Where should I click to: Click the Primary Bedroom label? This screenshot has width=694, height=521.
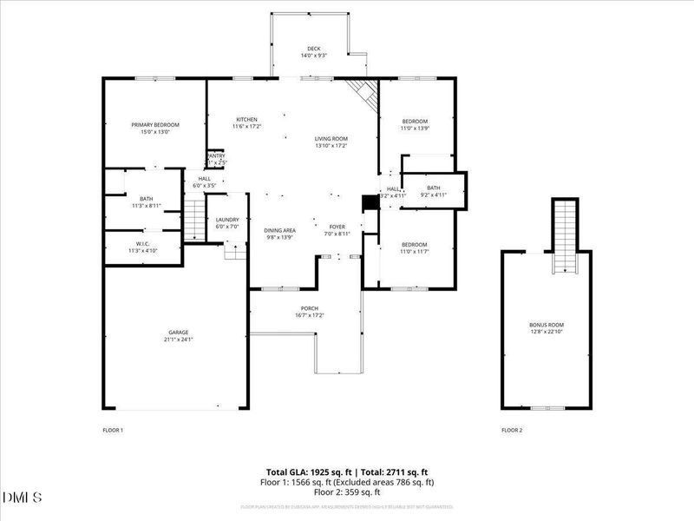pyautogui.click(x=149, y=125)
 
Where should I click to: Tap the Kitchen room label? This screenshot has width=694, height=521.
pyautogui.click(x=247, y=120)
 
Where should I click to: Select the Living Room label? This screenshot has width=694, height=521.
pyautogui.click(x=331, y=139)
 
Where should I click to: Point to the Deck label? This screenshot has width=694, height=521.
pyautogui.click(x=314, y=49)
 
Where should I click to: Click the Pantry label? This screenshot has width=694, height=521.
pyautogui.click(x=215, y=156)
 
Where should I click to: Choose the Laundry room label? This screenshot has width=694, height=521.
pyautogui.click(x=228, y=220)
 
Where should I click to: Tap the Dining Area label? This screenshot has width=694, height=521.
pyautogui.click(x=280, y=230)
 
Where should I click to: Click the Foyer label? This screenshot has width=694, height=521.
pyautogui.click(x=337, y=225)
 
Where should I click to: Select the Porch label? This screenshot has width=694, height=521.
pyautogui.click(x=310, y=309)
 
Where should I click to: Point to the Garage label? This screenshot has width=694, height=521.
pyautogui.click(x=179, y=333)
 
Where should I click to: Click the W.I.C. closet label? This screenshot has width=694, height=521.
pyautogui.click(x=143, y=244)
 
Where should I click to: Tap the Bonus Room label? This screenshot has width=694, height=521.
pyautogui.click(x=547, y=325)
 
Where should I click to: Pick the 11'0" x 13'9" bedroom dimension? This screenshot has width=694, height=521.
pyautogui.click(x=415, y=129)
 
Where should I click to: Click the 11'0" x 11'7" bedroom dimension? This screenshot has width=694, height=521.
pyautogui.click(x=415, y=252)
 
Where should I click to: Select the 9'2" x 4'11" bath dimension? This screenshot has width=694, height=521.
pyautogui.click(x=434, y=195)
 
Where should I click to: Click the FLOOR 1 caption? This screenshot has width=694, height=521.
pyautogui.click(x=114, y=430)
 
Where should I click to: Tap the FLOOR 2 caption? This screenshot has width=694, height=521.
pyautogui.click(x=512, y=430)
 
